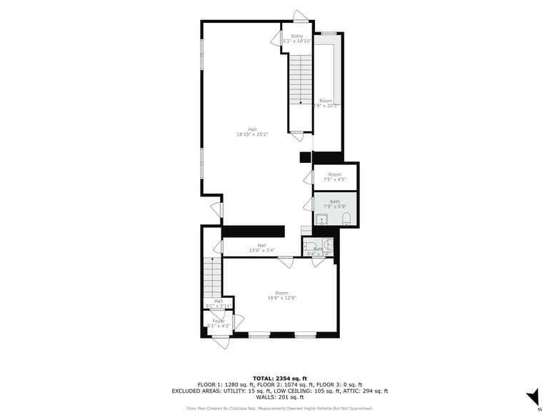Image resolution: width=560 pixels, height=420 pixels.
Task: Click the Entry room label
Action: (x=296, y=36)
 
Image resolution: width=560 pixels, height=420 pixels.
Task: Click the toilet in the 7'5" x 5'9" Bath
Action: (x=346, y=218)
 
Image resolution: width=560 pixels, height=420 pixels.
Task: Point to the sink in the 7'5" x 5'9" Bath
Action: (x=322, y=219)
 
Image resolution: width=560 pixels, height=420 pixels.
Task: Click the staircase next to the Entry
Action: (x=301, y=80)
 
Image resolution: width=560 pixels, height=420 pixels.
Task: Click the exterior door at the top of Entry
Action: (x=301, y=16)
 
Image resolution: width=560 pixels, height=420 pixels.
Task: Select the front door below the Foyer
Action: (x=221, y=342)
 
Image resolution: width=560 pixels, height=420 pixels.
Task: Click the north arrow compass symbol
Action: (x=533, y=397)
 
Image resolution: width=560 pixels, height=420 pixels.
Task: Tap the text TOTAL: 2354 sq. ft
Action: (x=279, y=378)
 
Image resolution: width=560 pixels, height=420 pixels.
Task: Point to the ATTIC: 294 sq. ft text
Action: (x=366, y=391)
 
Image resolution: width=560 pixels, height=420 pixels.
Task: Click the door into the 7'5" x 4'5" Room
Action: (x=309, y=176)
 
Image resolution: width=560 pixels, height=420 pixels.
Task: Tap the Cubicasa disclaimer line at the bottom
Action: (x=279, y=409)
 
